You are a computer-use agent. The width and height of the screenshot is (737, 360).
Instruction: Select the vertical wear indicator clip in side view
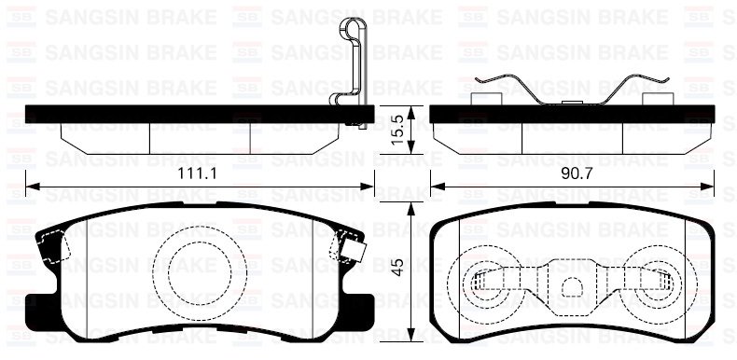point(348,65)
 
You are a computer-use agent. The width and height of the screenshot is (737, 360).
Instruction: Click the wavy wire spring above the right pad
point(573,89)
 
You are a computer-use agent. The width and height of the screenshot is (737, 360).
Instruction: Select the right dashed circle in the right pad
point(661,280)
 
